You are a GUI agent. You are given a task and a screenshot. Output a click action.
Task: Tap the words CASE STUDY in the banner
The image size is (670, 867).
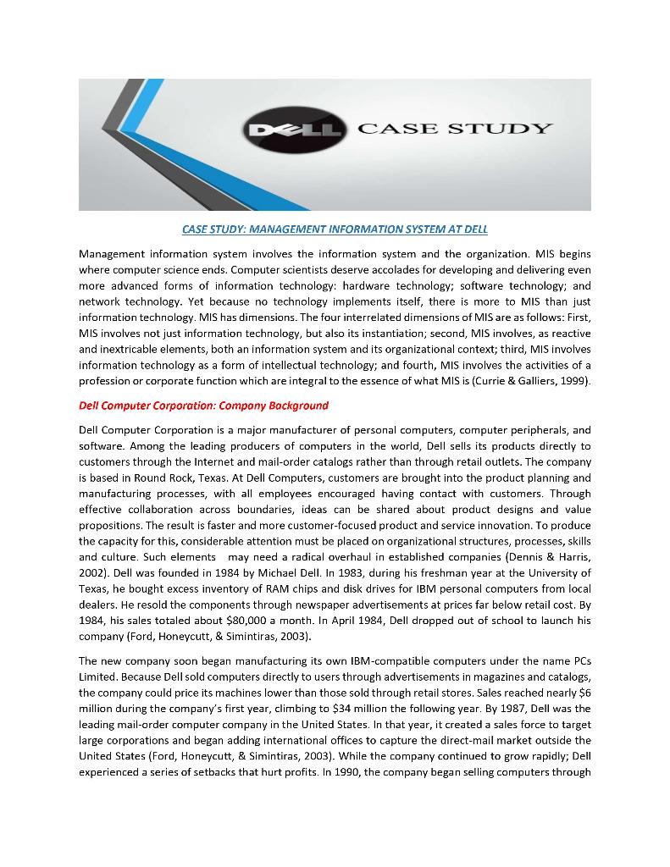coord(455,129)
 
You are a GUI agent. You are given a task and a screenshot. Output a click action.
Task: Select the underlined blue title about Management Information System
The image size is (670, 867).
coord(335,229)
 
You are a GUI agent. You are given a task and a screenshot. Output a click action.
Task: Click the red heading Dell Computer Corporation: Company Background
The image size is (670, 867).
coord(203,406)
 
